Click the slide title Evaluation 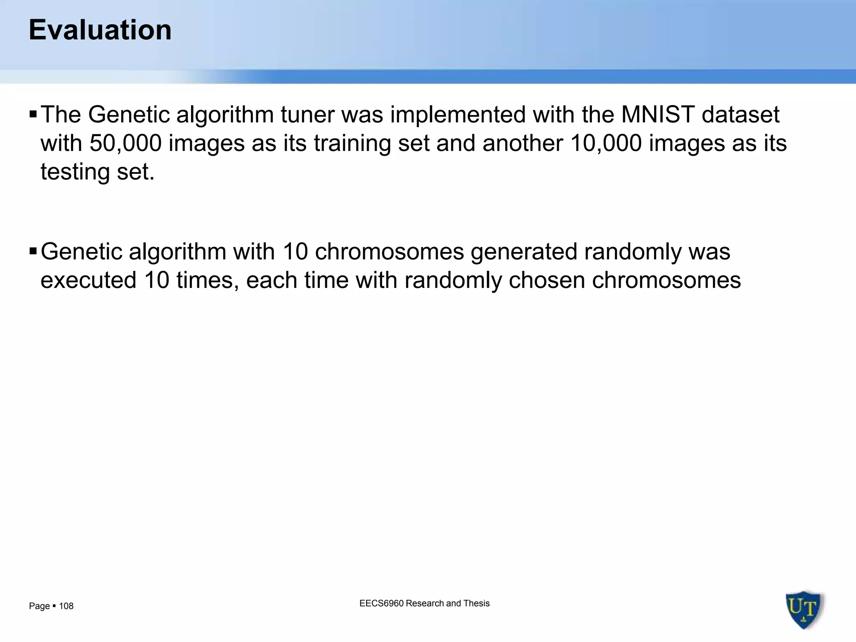pyautogui.click(x=100, y=30)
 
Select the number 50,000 pyautogui.click(x=125, y=143)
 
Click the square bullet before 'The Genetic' pyautogui.click(x=33, y=114)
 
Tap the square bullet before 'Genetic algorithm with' pyautogui.click(x=33, y=251)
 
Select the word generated pyautogui.click(x=524, y=252)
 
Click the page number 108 pyautogui.click(x=66, y=606)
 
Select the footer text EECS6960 pyautogui.click(x=381, y=603)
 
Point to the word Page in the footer pyautogui.click(x=39, y=606)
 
